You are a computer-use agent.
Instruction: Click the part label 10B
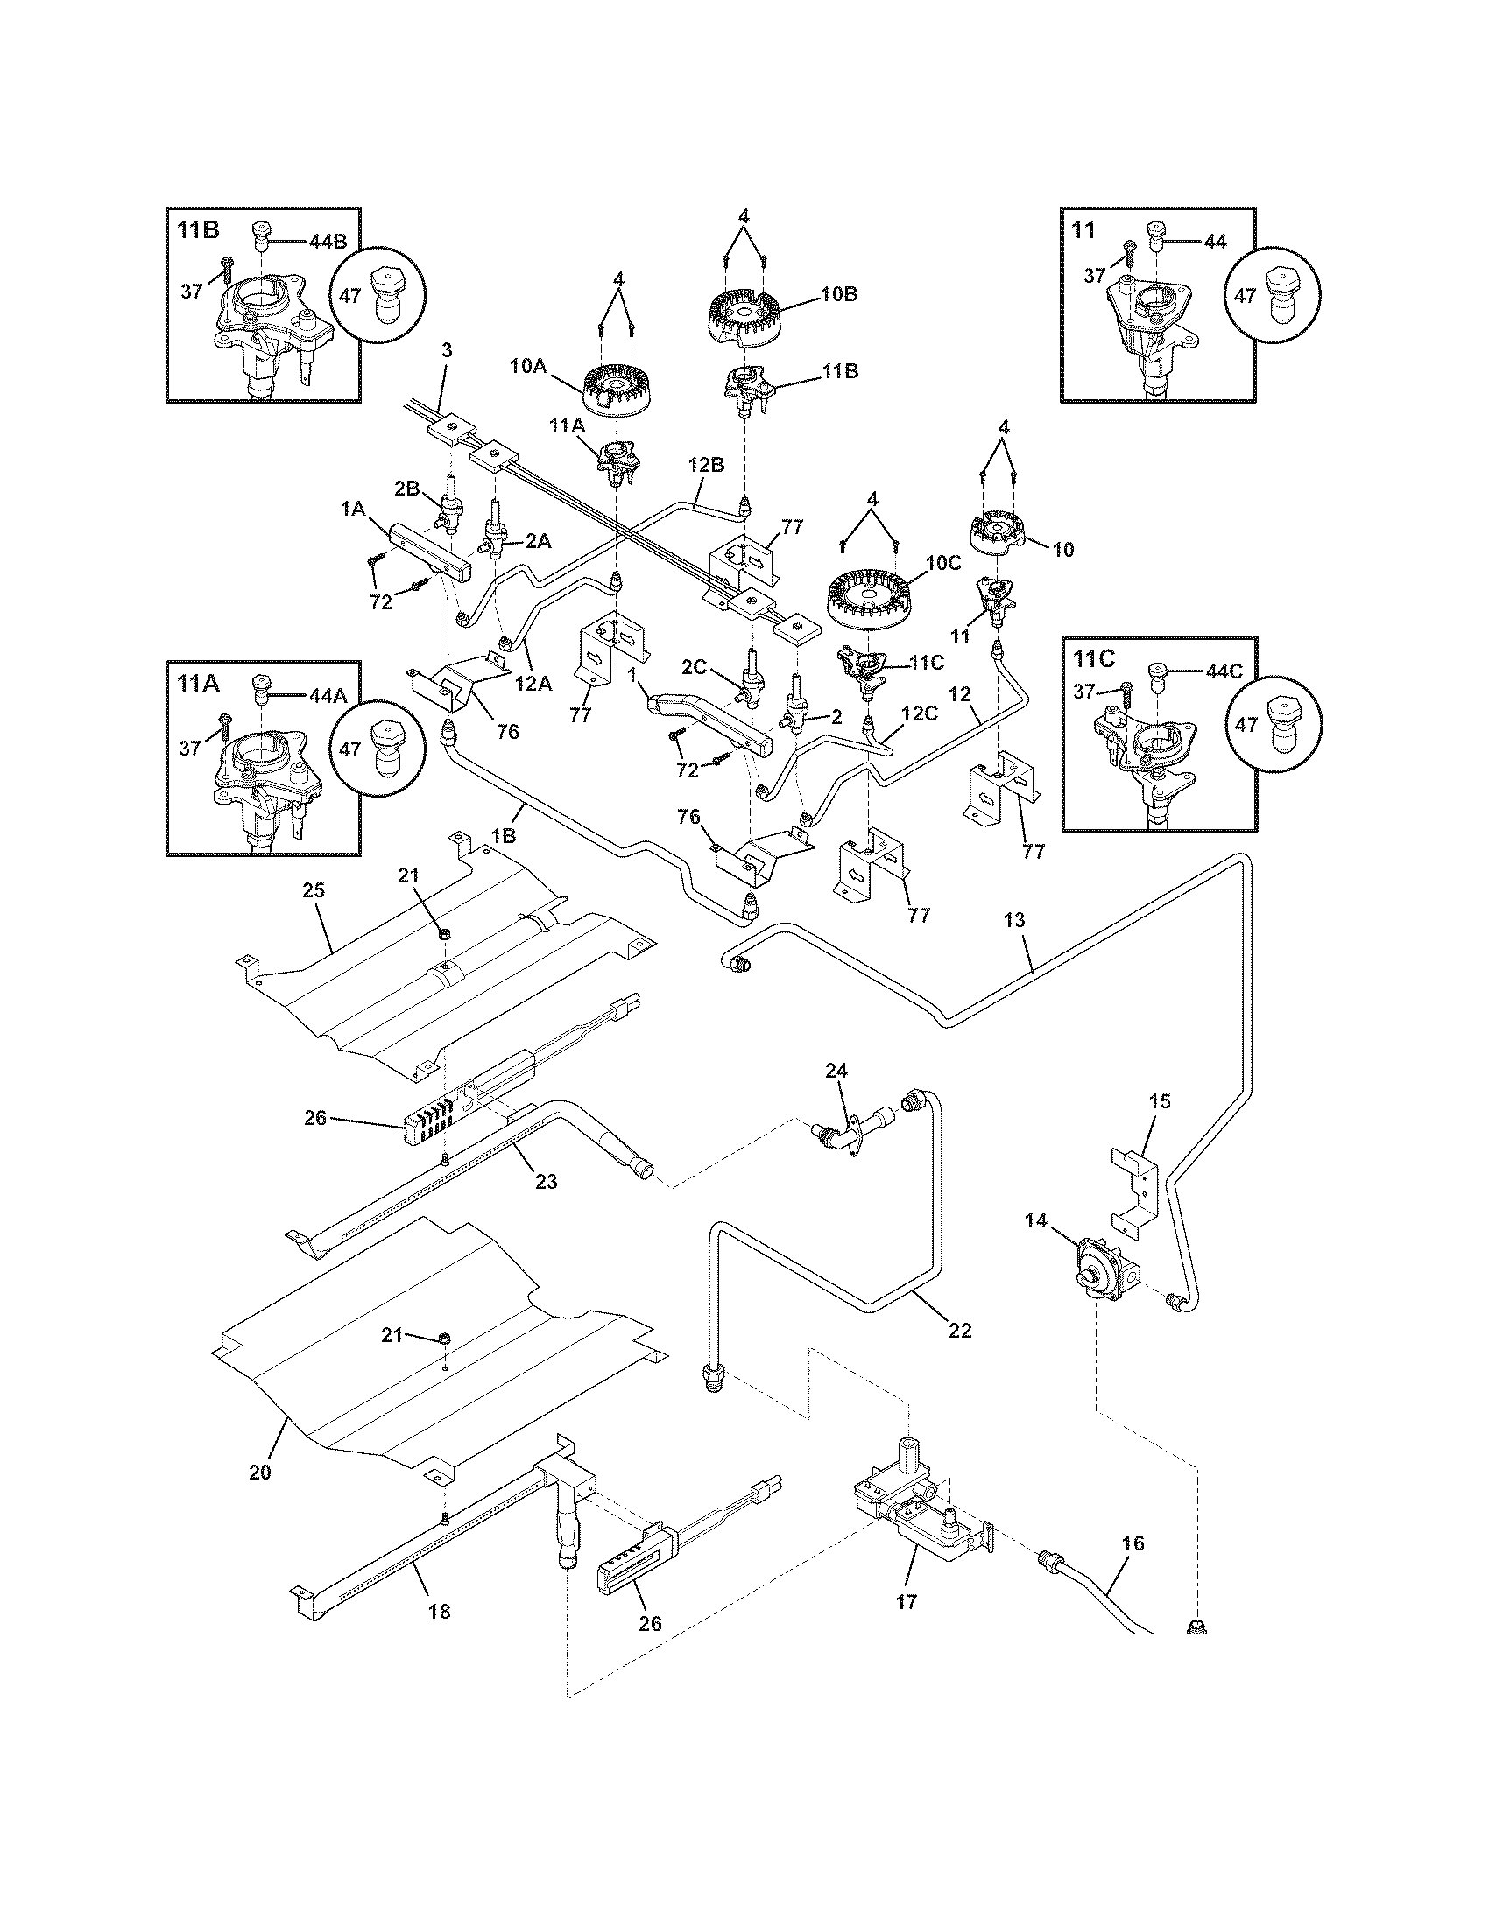(838, 294)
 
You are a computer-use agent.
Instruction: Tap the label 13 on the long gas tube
(1014, 920)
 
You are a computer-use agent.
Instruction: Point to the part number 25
(314, 889)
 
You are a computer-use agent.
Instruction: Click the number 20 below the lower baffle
(260, 1472)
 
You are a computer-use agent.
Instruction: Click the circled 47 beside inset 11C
(1276, 723)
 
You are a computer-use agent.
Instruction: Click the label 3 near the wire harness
(447, 349)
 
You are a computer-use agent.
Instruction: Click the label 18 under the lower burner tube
(439, 1611)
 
